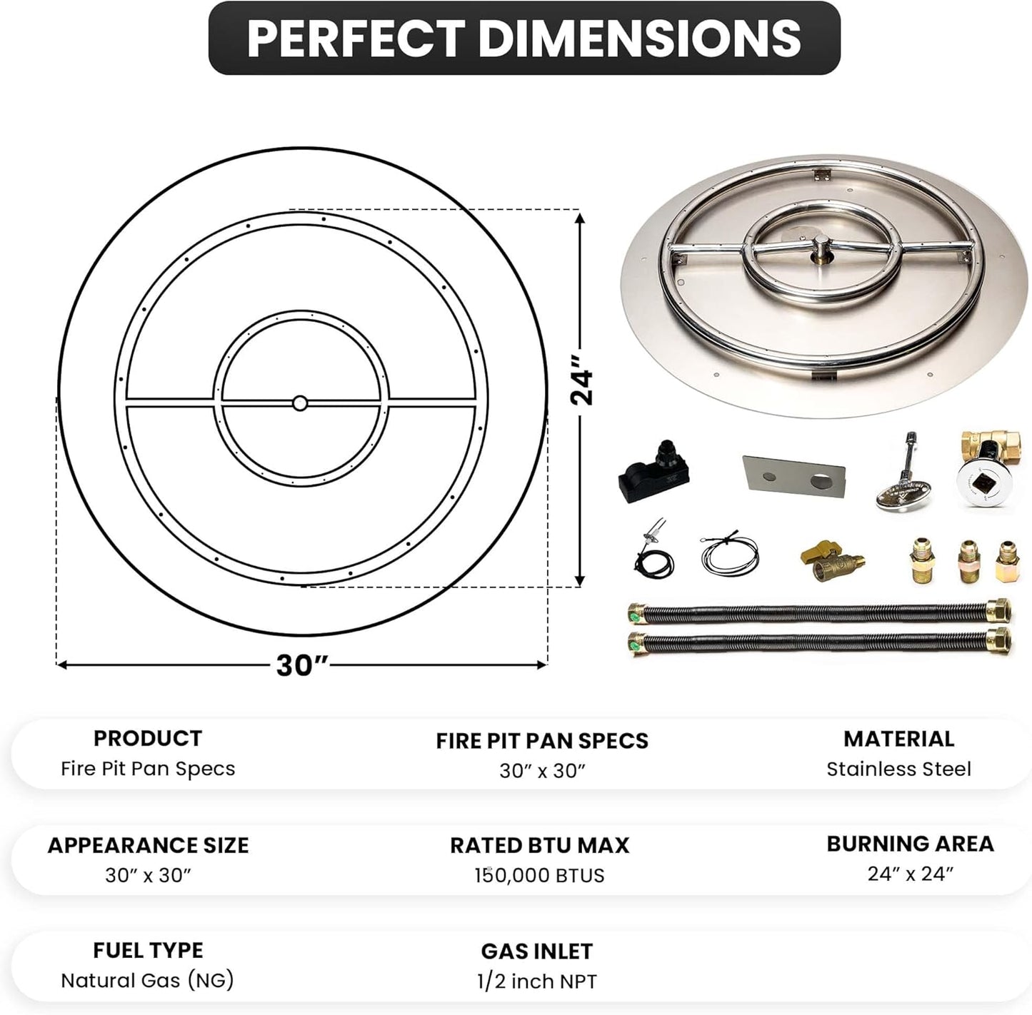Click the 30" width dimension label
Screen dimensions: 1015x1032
[x=301, y=665]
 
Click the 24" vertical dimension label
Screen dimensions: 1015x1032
[x=583, y=387]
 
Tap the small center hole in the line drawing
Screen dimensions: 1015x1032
[x=299, y=403]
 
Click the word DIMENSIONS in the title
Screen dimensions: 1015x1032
[x=640, y=39]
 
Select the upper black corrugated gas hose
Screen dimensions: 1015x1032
[x=819, y=612]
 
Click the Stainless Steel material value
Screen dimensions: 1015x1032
[x=898, y=769]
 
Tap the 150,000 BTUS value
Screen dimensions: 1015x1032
[x=539, y=875]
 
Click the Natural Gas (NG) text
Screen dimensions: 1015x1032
[x=147, y=980]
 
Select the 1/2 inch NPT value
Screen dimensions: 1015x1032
[x=536, y=981]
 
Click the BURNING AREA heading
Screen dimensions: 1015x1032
[x=910, y=844]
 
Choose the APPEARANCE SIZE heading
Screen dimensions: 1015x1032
[x=148, y=845]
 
